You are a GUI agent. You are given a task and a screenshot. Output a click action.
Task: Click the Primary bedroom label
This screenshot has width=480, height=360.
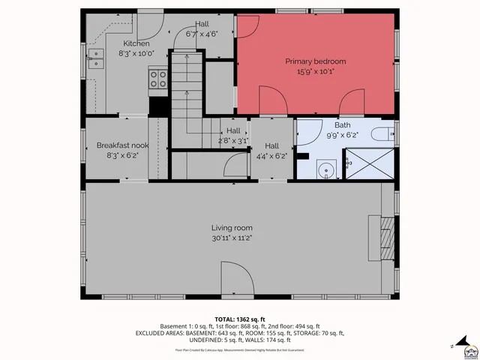(x=314, y=61)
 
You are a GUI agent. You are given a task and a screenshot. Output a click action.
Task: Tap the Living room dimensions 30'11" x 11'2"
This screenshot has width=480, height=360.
(x=231, y=238)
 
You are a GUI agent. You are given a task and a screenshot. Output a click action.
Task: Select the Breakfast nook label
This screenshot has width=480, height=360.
(x=118, y=145)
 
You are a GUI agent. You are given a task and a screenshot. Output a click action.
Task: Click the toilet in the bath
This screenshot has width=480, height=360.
(x=380, y=134)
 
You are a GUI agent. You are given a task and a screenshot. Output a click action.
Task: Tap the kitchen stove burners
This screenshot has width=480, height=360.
(x=157, y=78)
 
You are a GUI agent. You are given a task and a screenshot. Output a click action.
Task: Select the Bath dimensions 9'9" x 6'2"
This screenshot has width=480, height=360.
(x=341, y=135)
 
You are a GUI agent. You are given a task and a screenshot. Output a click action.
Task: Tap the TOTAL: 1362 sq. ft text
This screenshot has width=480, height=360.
(x=239, y=319)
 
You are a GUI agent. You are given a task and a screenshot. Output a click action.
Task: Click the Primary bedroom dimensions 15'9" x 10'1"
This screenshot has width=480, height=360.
(x=314, y=73)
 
